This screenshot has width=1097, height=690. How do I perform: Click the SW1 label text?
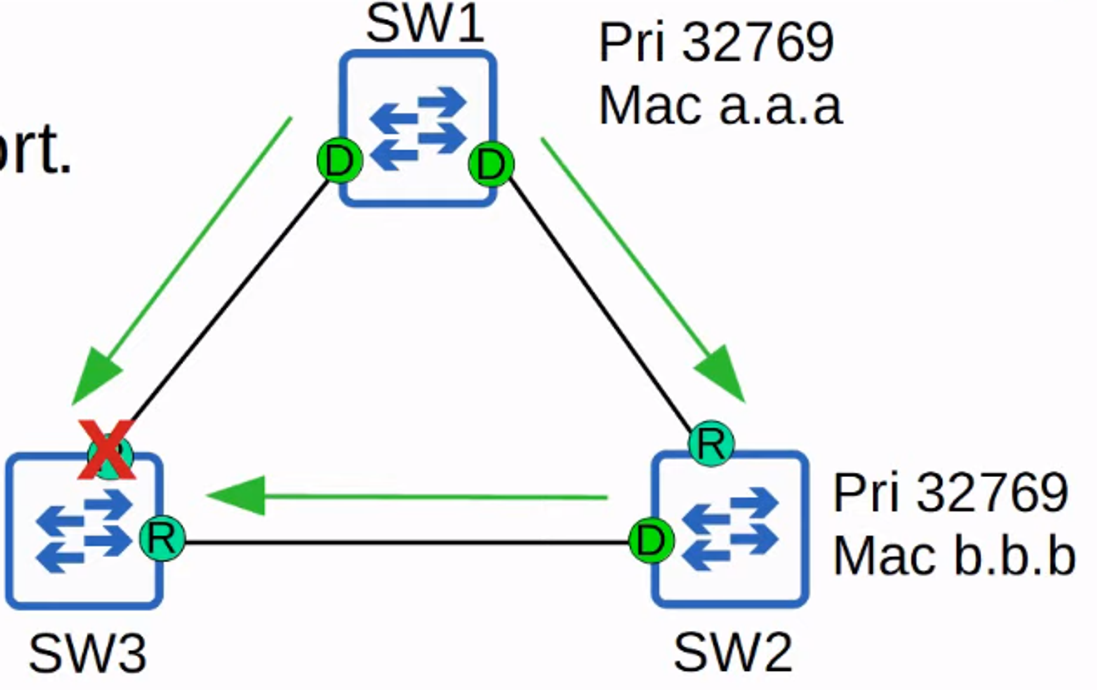425,24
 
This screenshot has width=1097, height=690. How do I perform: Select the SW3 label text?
88,653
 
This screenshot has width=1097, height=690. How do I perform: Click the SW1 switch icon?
418,129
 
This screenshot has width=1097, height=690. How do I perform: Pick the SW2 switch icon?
730,529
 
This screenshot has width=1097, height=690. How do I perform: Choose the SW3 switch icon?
83,531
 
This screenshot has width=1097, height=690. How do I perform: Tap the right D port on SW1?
491,164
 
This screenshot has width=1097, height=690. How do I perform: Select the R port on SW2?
711,443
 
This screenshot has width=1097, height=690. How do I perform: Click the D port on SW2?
651,541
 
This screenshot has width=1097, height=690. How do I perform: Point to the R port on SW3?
162,538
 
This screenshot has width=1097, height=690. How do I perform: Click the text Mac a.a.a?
720,106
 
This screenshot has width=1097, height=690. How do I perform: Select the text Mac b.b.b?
954,556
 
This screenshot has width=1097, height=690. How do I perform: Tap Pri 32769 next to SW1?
716,42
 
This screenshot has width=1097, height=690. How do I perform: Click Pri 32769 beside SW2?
951,493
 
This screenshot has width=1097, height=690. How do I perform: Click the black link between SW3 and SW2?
406,542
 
